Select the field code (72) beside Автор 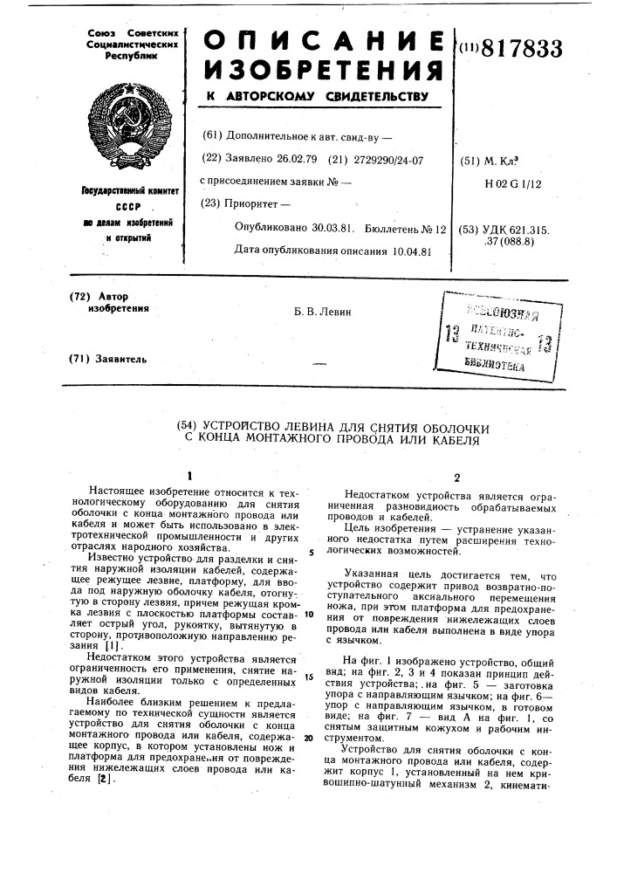pyautogui.click(x=79, y=297)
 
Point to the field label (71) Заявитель pyautogui.click(x=108, y=359)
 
